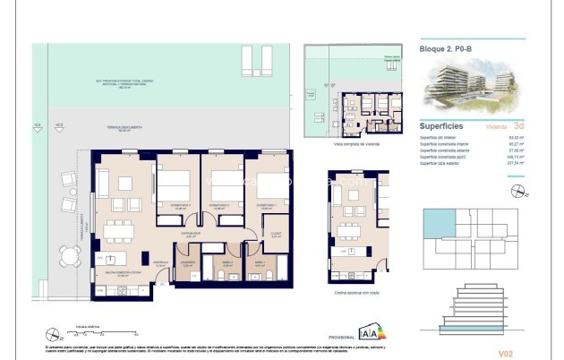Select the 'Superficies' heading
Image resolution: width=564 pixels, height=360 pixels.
[440, 126]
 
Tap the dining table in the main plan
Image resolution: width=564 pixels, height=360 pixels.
[116, 231]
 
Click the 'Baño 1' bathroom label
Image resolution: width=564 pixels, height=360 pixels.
[259, 263]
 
